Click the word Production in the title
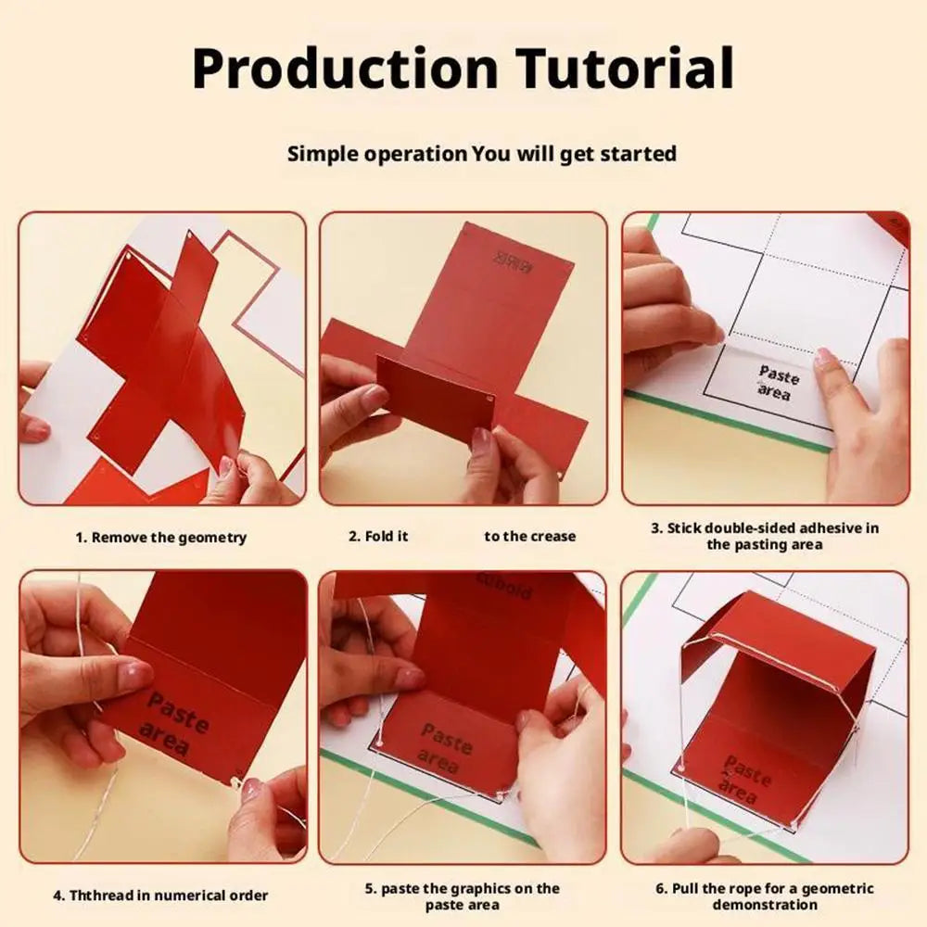point(346,70)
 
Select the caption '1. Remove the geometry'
point(161,538)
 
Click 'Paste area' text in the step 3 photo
point(777,383)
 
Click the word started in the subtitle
point(638,154)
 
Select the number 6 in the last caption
point(660,888)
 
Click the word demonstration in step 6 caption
point(765,905)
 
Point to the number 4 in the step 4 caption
point(57,895)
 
